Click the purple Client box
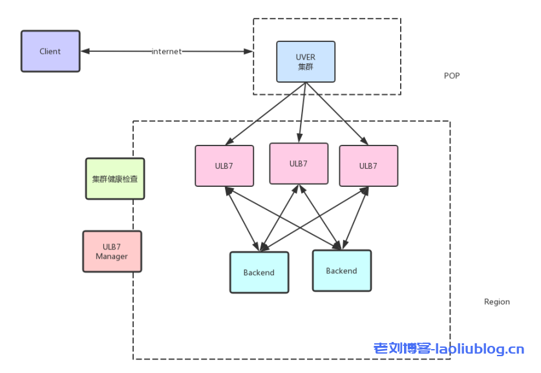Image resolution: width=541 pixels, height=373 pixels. point(50,51)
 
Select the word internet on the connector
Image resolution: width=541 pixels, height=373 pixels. point(167,51)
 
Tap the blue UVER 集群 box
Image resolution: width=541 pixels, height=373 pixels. point(306,62)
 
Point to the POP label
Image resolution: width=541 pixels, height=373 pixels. point(452,76)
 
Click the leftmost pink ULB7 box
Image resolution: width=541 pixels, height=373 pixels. point(224,166)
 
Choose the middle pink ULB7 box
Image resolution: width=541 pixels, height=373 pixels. point(298,164)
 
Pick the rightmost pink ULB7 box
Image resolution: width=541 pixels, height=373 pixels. point(368,166)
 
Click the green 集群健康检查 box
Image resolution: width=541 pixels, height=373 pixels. point(115,179)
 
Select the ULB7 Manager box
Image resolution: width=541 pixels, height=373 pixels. point(112,251)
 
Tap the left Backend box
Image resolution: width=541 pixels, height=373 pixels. point(259,273)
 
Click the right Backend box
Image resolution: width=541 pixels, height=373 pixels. point(341,271)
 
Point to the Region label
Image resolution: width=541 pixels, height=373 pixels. point(496,302)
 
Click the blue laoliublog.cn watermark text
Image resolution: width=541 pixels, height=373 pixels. point(449,349)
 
